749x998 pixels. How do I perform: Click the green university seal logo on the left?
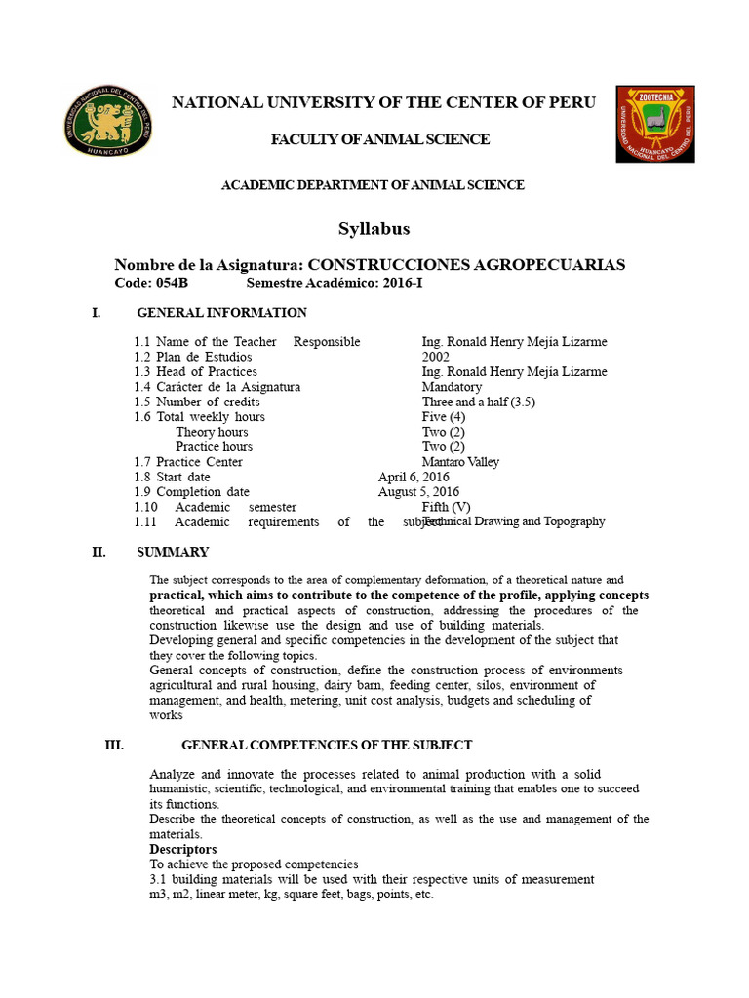[108, 121]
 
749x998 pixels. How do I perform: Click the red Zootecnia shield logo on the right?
[654, 124]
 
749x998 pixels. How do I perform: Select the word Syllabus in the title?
[374, 229]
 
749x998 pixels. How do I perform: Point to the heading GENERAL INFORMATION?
[221, 313]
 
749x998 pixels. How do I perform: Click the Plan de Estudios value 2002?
[436, 357]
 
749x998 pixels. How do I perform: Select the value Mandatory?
[452, 387]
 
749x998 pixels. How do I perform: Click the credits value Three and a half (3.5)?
[479, 402]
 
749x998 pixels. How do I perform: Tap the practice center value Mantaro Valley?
[460, 462]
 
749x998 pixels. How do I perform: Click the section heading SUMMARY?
[173, 552]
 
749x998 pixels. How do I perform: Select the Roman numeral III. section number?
[114, 745]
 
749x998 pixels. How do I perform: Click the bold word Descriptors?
[183, 849]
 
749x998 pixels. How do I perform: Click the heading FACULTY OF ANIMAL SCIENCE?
[379, 139]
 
